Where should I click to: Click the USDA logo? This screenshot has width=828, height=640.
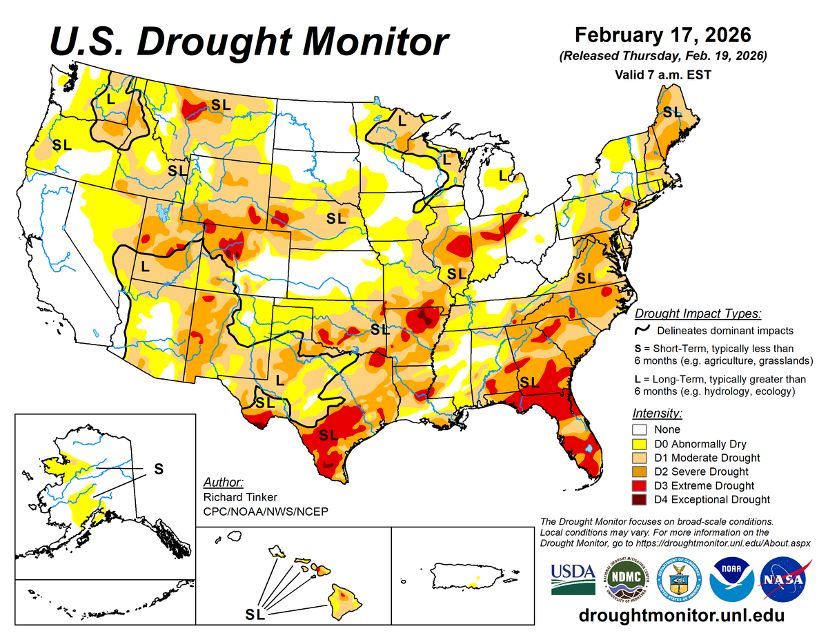pos(573,579)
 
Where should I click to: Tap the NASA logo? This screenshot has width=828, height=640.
pos(783,579)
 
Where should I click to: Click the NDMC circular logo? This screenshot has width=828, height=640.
pos(626,579)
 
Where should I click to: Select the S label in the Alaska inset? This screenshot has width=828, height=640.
pos(158,468)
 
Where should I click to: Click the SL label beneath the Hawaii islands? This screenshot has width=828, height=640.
pos(255,613)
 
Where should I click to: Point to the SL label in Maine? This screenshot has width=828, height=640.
pos(671,110)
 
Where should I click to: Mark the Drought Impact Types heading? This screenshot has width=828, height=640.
pos(698,313)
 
